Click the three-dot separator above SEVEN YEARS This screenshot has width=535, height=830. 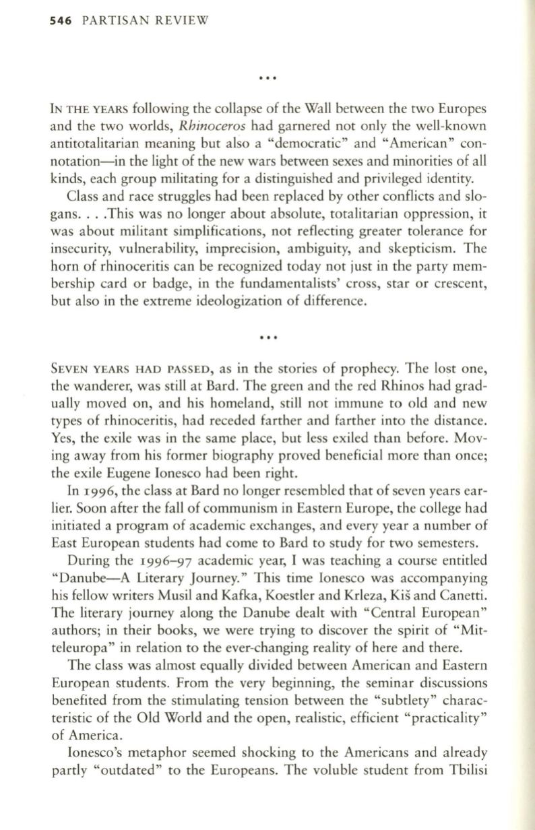269,334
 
